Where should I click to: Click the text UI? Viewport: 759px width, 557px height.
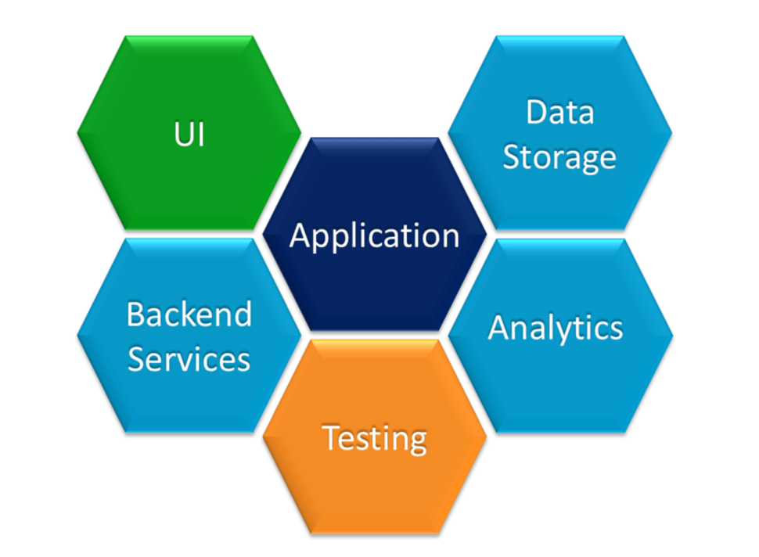[189, 134]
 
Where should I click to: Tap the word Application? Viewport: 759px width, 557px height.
[374, 235]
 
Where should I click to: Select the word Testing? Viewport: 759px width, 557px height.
[375, 438]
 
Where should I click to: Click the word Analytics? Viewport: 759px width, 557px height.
[556, 328]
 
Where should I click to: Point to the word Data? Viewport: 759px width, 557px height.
[559, 112]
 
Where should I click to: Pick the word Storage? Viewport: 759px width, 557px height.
[559, 157]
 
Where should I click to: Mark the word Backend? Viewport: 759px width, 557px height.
[189, 314]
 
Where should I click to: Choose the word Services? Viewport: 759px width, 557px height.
[189, 359]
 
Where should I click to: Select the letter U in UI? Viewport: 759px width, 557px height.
[182, 134]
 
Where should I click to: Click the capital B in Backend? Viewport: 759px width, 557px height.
[135, 314]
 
